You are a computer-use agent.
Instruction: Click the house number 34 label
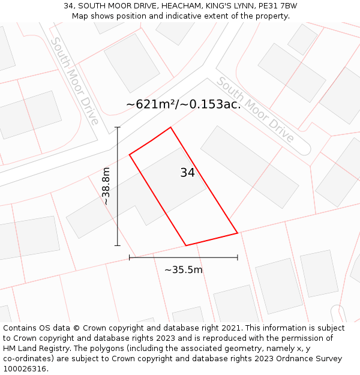(x=187, y=173)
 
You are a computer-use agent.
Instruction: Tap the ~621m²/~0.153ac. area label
(x=183, y=104)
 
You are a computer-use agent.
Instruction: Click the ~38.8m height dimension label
(x=106, y=186)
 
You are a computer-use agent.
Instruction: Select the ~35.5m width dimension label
(x=184, y=270)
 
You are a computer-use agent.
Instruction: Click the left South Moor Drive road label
(x=74, y=81)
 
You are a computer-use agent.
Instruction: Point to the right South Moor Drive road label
(x=255, y=109)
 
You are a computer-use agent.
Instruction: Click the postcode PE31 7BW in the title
(x=278, y=6)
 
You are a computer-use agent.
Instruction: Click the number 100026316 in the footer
(x=24, y=369)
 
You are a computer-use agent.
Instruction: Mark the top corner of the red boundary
(x=171, y=127)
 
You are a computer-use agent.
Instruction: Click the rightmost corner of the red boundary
(x=238, y=233)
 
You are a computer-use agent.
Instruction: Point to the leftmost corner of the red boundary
(x=130, y=155)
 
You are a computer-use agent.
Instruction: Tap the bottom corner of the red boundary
(x=186, y=245)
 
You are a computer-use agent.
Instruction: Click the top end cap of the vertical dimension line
(x=118, y=127)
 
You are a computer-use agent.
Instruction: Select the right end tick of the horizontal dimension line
(x=238, y=257)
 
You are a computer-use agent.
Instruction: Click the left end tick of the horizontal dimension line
(x=130, y=257)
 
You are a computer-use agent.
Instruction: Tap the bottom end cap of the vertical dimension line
(x=118, y=245)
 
